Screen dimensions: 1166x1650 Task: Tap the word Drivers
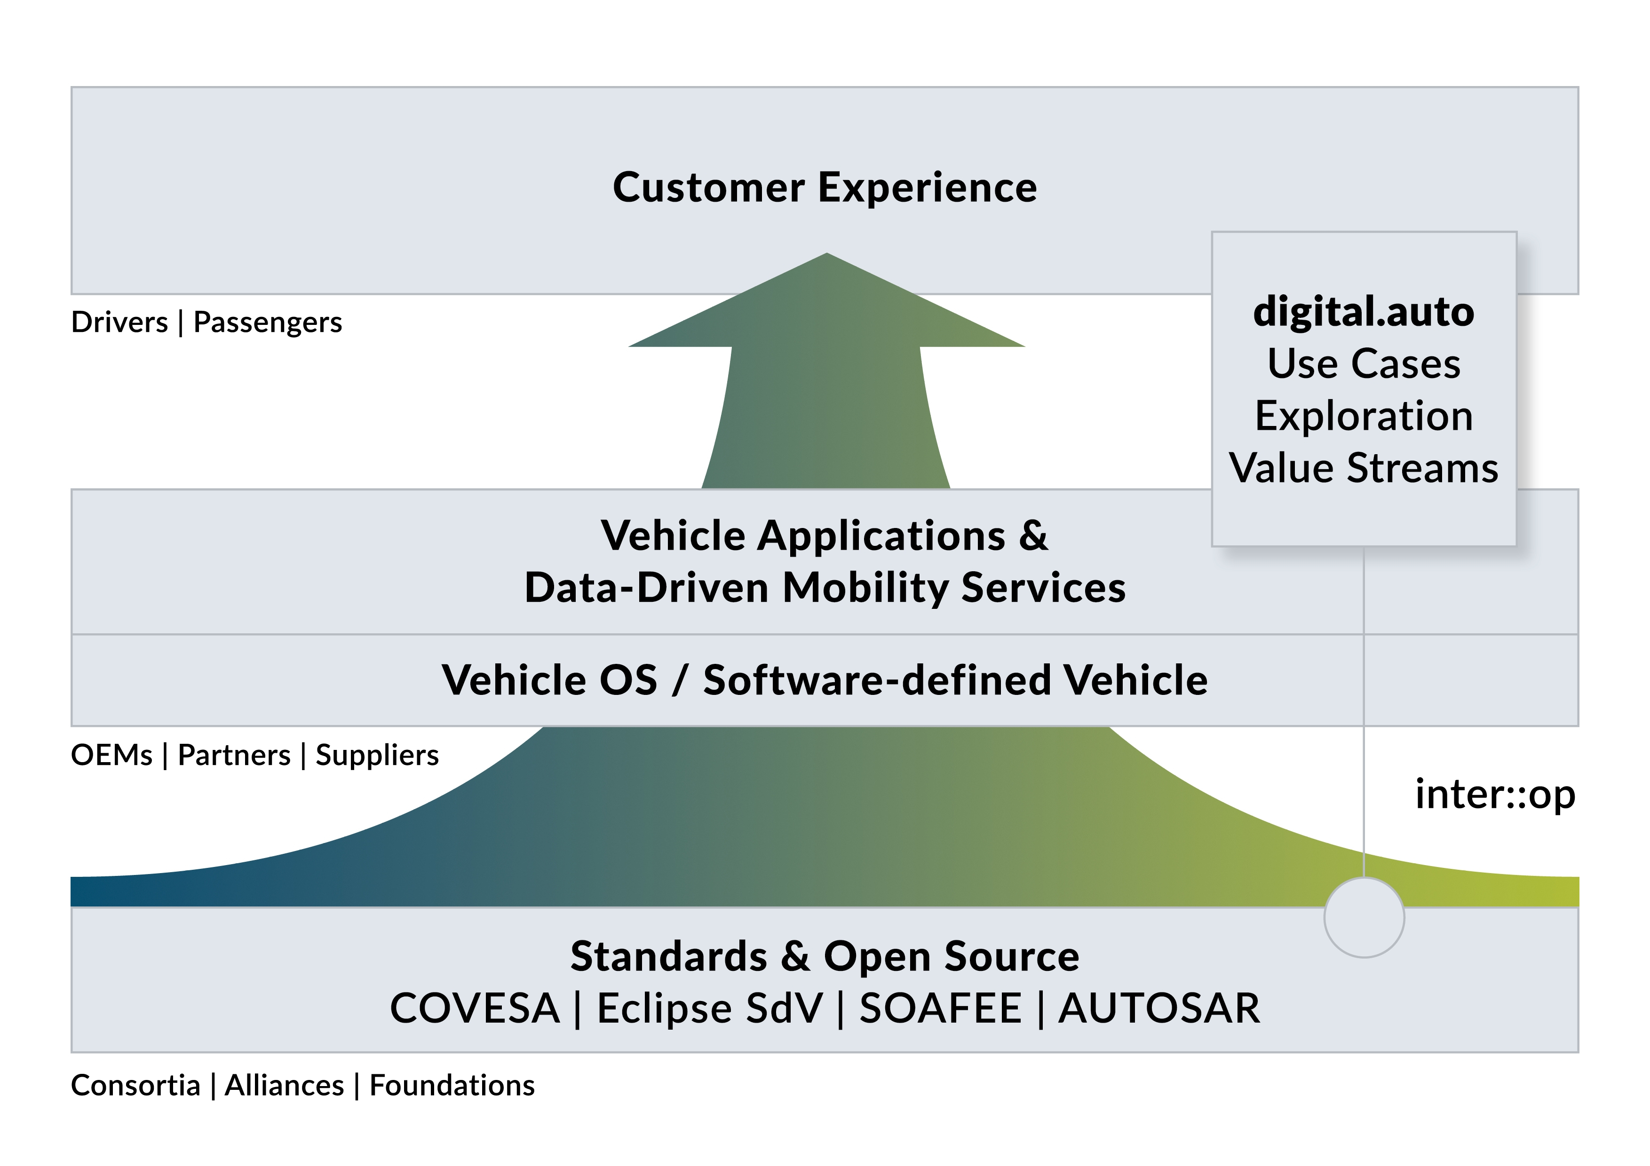click(119, 323)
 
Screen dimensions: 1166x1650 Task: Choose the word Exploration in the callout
click(1363, 416)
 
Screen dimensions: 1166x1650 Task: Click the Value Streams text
click(1363, 468)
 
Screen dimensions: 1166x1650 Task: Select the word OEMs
click(111, 756)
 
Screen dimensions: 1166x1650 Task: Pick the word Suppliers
click(377, 756)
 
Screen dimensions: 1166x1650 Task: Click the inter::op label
click(1495, 795)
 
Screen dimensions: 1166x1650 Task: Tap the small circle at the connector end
click(1363, 917)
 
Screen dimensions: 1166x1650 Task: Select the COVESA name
click(474, 1008)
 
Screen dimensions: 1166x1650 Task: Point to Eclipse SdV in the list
click(709, 1008)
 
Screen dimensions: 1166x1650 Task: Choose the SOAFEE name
click(940, 1008)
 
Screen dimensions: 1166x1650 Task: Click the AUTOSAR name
click(1159, 1008)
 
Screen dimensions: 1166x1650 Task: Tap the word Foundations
click(452, 1086)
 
